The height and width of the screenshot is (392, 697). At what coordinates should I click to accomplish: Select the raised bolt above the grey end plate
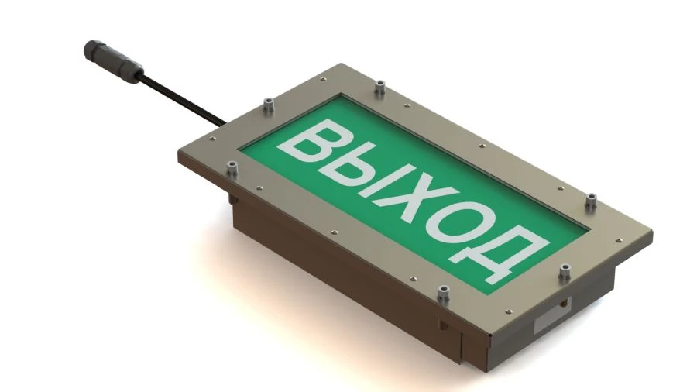tap(564, 272)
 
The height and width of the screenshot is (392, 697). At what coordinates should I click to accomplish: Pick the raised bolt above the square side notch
tap(444, 292)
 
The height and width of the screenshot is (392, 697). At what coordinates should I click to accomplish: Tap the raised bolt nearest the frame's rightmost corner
tap(591, 200)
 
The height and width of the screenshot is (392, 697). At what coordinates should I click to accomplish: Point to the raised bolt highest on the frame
tap(379, 86)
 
